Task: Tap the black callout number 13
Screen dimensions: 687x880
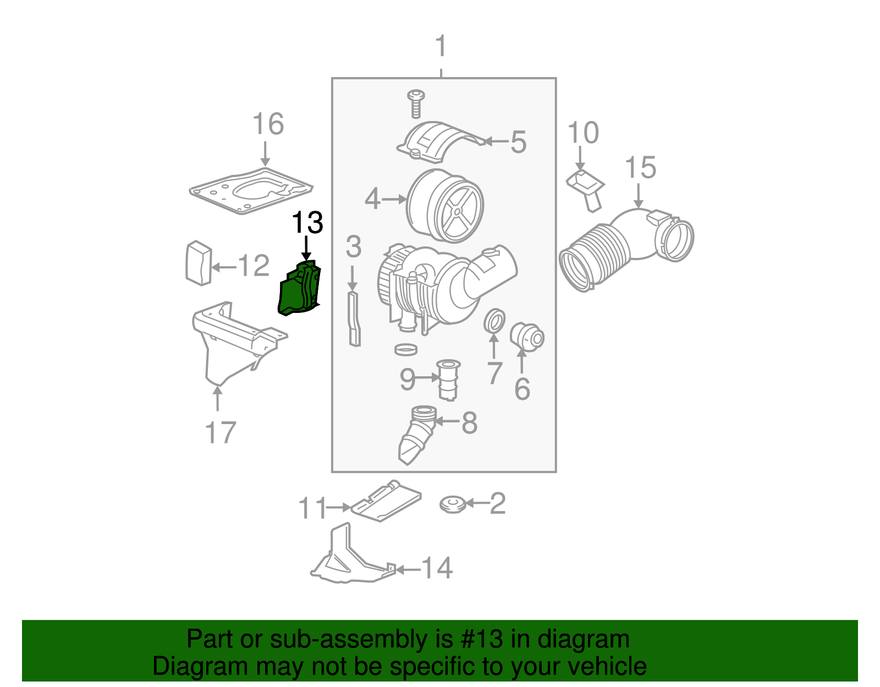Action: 307,223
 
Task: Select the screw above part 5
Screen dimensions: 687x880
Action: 416,104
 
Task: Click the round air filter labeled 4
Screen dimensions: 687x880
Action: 446,206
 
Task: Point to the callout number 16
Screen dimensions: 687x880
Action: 268,124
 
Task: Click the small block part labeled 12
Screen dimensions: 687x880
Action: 199,263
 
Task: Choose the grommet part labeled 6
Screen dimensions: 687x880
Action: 527,337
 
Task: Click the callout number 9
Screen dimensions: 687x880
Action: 407,379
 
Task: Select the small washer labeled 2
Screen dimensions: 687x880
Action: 453,504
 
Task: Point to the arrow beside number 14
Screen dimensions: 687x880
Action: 408,569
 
